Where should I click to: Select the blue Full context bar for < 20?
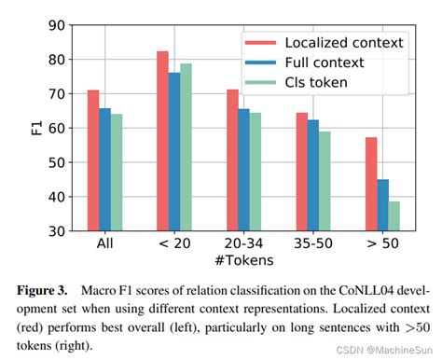(173, 151)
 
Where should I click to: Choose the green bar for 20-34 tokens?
(256, 172)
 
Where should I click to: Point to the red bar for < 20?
(162, 141)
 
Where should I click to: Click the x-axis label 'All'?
(104, 245)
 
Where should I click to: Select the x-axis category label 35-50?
(313, 245)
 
